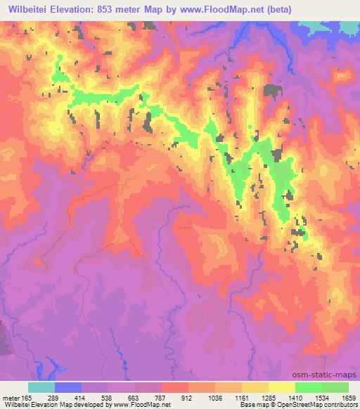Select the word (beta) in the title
[273, 8]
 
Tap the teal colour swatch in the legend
[41, 387]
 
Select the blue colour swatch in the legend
[68, 387]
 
